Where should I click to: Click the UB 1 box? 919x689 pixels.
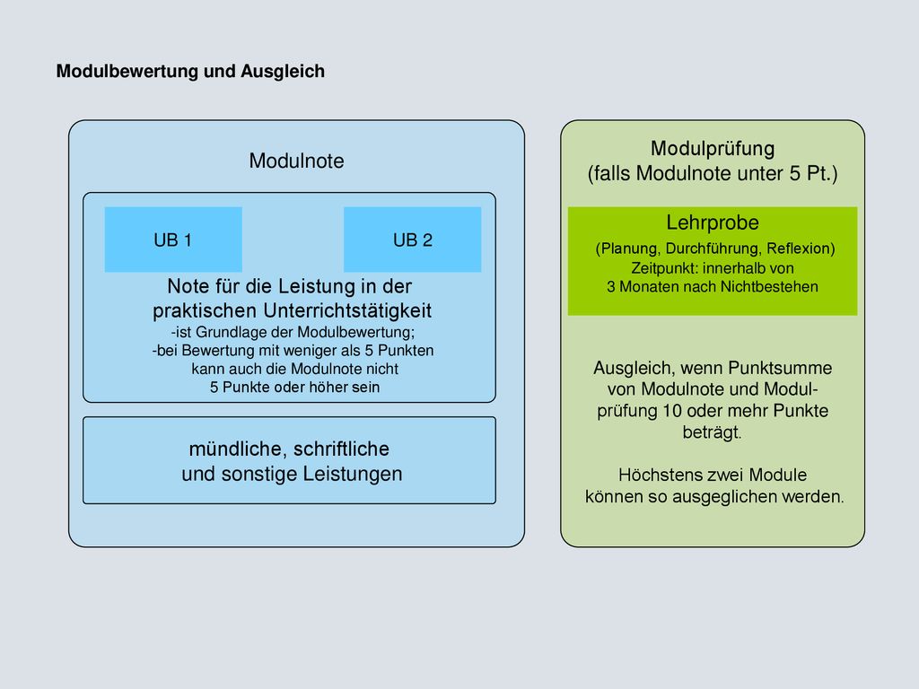[173, 239]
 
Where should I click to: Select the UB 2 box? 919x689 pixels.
[413, 239]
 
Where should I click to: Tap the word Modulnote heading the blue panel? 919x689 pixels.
[296, 161]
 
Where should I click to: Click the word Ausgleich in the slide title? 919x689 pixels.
[283, 72]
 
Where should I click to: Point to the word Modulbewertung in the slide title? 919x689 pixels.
[127, 71]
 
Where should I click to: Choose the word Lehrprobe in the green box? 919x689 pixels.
[713, 222]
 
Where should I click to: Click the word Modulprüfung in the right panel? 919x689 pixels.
[713, 149]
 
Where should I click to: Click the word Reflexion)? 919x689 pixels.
[801, 249]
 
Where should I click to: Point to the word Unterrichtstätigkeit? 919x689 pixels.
[347, 310]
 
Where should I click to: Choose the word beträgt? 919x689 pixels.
[712, 432]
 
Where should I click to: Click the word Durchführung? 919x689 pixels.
[713, 249]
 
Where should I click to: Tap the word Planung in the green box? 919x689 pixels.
[628, 249]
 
